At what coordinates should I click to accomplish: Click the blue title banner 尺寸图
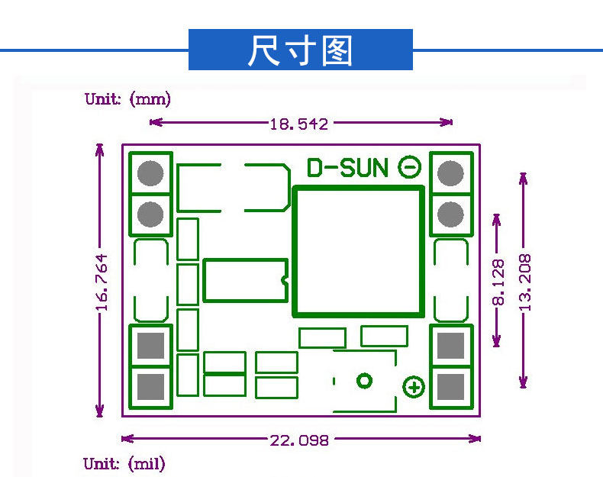click(300, 50)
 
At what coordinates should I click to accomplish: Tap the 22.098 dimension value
click(299, 440)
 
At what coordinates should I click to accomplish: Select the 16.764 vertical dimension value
click(102, 282)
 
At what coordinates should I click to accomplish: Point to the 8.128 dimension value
click(498, 282)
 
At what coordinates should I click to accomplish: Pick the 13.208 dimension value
click(524, 280)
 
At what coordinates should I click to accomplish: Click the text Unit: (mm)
click(128, 99)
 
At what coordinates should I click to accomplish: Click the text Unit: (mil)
click(124, 463)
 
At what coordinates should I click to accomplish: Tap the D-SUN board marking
click(347, 168)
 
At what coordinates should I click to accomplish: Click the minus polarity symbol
click(410, 166)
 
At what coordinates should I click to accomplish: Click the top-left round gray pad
click(151, 173)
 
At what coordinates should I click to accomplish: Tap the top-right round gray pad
click(452, 173)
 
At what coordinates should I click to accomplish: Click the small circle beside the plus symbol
click(365, 380)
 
